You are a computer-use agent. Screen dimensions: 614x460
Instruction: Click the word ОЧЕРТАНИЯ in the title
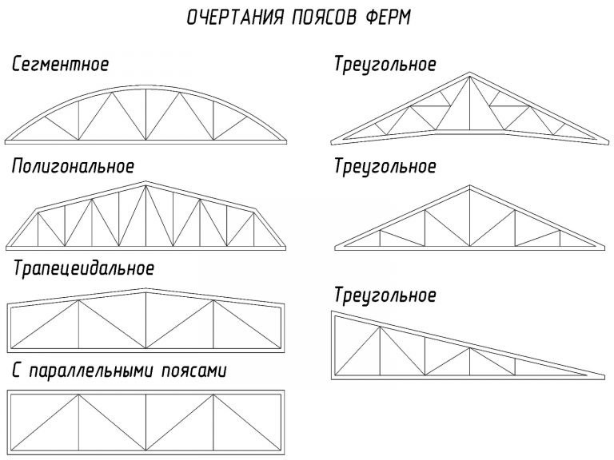(x=234, y=18)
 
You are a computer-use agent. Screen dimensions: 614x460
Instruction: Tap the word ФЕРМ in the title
(x=388, y=18)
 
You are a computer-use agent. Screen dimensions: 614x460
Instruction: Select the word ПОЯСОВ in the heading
(x=325, y=18)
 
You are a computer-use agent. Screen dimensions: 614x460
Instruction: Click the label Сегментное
(x=60, y=64)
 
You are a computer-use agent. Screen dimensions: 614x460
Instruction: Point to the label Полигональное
(x=74, y=166)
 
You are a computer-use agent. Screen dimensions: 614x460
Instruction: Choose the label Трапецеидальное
(x=84, y=268)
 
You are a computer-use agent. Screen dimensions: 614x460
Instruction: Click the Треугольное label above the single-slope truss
(x=385, y=295)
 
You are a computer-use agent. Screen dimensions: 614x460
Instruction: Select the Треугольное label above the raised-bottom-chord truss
(x=385, y=64)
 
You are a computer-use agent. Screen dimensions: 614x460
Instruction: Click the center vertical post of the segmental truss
(x=146, y=114)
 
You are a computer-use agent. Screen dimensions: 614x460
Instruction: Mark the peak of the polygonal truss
(x=146, y=182)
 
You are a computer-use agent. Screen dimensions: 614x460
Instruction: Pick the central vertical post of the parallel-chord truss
(x=146, y=422)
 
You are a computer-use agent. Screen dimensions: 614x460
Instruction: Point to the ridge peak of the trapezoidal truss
(x=146, y=289)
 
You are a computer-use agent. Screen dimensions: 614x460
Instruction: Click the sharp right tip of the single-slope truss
(x=604, y=376)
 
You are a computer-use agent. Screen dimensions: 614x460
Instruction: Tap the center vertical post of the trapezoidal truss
(x=146, y=320)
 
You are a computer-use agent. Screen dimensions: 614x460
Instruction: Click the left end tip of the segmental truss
(x=6, y=141)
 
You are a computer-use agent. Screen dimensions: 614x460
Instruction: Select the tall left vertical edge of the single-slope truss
(x=333, y=345)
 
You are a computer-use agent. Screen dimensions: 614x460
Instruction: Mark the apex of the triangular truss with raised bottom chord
(x=470, y=73)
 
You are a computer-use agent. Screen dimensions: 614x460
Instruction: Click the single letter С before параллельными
(x=16, y=371)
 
